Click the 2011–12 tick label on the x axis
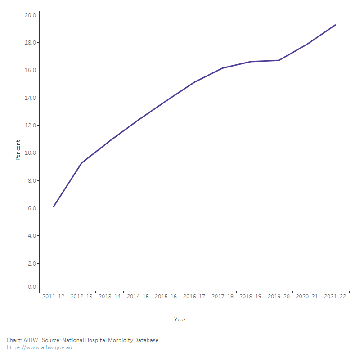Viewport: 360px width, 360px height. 54,297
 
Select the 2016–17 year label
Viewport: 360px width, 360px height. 194,297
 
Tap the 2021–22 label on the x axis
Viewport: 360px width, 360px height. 335,297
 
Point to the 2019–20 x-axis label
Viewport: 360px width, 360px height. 279,297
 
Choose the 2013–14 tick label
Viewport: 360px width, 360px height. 110,297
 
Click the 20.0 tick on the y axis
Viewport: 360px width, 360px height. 30,15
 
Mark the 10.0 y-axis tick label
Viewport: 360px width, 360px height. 30,153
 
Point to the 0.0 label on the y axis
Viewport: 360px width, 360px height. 32,287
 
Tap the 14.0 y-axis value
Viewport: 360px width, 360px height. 30,98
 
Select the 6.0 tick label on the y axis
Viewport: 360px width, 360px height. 32,208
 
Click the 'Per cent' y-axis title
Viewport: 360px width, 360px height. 18,149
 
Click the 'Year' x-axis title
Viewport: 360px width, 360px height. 180,319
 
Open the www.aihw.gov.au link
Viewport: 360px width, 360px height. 39,348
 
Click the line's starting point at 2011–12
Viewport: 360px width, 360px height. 54,207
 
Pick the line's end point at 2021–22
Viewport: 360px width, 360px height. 335,25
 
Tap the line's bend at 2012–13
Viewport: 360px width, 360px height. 81,163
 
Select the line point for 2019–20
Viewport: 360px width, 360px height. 279,60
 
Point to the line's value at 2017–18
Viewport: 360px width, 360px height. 222,68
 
